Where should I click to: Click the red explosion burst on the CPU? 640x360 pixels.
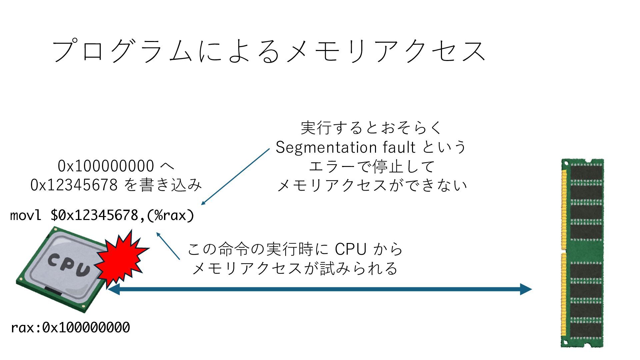[x=122, y=259]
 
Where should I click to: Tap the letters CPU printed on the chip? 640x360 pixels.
[x=69, y=265]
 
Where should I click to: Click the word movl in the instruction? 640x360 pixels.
[x=26, y=215]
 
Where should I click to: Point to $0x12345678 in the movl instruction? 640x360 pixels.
[x=94, y=215]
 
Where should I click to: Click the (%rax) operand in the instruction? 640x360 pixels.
[x=170, y=215]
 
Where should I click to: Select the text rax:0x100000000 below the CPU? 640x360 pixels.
[x=70, y=328]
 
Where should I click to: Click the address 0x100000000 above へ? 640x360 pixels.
[x=106, y=166]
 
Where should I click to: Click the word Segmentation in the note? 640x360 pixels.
[x=322, y=147]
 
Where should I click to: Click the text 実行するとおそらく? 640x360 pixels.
[x=371, y=128]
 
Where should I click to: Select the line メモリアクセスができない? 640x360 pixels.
[x=372, y=185]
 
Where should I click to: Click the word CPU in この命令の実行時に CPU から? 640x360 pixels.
[x=351, y=249]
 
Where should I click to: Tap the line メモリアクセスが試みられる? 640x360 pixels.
[x=295, y=268]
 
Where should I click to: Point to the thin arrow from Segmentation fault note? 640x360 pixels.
[x=235, y=177]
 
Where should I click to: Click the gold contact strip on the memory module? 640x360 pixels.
[x=564, y=253]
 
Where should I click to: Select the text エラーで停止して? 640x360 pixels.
[x=372, y=166]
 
